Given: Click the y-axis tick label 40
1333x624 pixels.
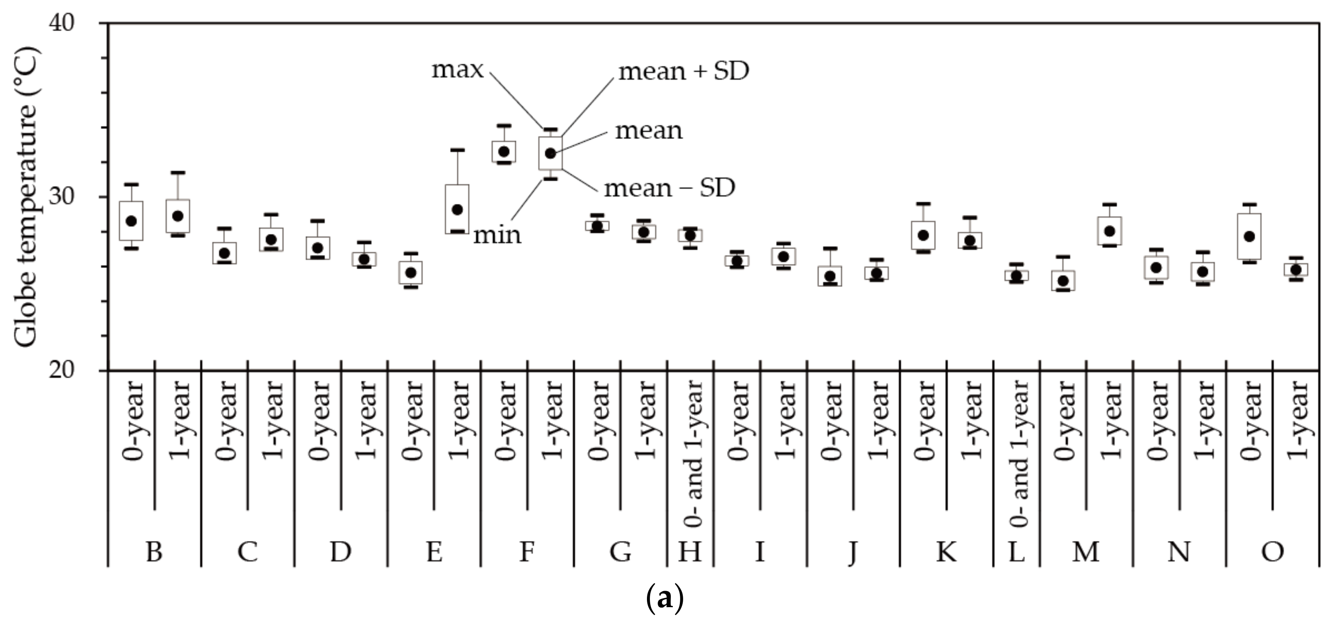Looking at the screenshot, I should [62, 23].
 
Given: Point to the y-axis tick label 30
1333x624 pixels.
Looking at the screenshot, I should [62, 197].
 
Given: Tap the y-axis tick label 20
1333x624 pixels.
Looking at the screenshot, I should [62, 370].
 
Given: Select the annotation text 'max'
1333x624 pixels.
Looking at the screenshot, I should [457, 70].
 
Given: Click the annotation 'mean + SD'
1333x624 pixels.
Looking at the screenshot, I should [684, 72].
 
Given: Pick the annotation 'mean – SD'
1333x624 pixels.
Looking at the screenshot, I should [670, 188].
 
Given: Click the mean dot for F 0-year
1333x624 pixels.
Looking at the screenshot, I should [504, 152].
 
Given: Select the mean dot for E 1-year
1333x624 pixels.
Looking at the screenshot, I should [457, 210].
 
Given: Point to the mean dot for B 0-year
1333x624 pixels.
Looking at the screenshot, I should [132, 221].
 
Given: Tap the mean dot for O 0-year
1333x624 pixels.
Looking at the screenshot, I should [1249, 236].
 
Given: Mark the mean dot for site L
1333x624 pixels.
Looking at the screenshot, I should [1016, 276].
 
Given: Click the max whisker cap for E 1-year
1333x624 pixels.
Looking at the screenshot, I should [457, 150].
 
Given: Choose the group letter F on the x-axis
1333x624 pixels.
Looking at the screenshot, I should [527, 552].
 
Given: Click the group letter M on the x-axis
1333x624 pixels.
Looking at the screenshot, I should [1086, 552].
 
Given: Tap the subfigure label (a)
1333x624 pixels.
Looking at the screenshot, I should [665, 599].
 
